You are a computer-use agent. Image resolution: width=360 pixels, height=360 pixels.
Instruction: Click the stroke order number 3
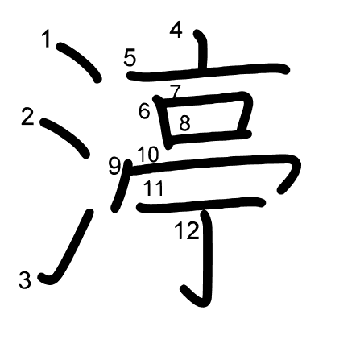(25, 280)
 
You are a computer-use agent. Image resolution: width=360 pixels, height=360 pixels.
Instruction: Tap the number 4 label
(176, 30)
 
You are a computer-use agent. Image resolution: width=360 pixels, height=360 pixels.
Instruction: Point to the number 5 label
(130, 58)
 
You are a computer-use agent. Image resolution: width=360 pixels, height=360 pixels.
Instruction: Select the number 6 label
(144, 110)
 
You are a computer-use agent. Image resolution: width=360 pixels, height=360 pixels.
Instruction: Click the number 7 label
(176, 91)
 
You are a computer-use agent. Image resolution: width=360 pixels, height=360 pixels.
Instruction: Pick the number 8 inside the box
(184, 123)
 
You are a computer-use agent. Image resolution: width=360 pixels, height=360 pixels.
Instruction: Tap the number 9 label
(114, 167)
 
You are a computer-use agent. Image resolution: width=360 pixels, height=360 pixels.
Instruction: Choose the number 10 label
(148, 155)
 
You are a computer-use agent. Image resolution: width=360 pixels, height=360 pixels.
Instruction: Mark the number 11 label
(154, 188)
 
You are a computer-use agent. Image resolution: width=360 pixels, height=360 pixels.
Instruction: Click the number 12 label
(187, 230)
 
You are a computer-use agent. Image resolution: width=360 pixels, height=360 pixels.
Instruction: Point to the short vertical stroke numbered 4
(203, 49)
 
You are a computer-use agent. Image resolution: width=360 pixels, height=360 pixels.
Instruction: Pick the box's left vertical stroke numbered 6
(163, 122)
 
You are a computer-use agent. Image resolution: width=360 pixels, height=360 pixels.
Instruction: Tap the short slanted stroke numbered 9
(122, 186)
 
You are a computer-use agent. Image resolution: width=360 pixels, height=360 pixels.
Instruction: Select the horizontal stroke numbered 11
(201, 205)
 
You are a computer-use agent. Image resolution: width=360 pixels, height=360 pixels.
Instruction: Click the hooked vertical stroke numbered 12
(207, 258)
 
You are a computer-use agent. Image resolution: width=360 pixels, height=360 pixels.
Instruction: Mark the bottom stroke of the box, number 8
(209, 136)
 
